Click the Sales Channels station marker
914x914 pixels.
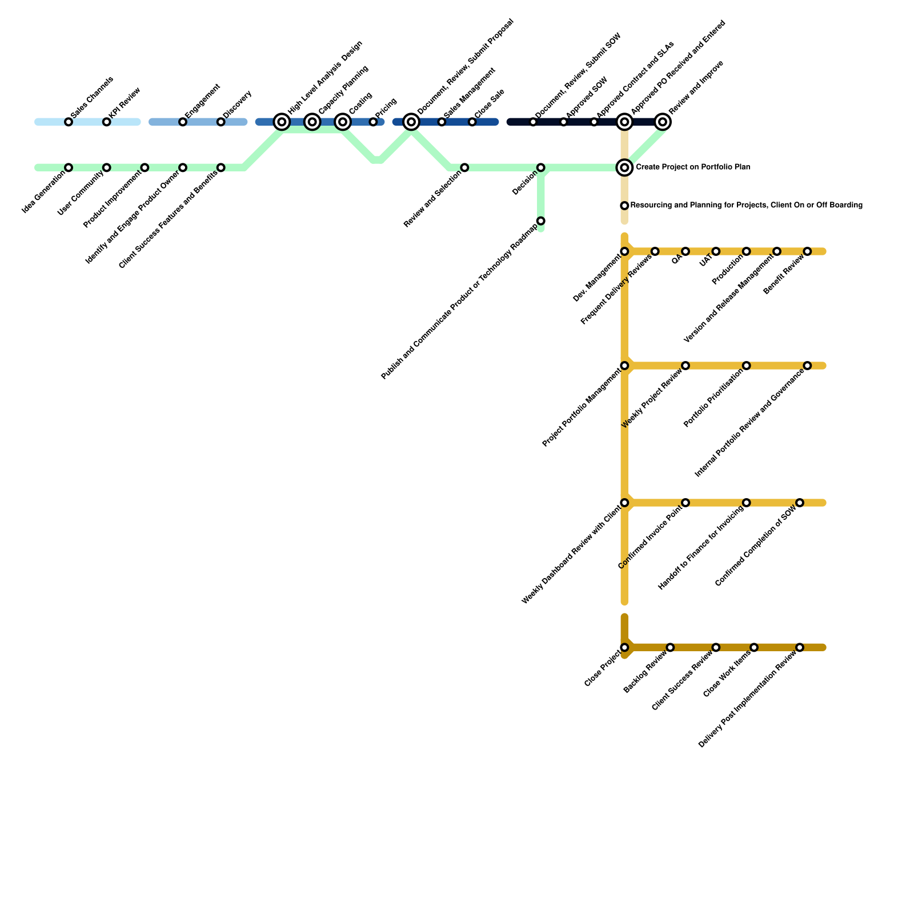click(x=69, y=122)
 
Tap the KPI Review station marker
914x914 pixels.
click(x=107, y=122)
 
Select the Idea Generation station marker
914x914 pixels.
click(x=69, y=167)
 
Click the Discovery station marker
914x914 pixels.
click(x=221, y=122)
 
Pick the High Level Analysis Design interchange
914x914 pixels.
click(x=282, y=122)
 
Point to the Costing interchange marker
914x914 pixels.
click(x=343, y=122)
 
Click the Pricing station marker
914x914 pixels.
click(x=373, y=122)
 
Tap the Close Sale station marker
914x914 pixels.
click(x=472, y=122)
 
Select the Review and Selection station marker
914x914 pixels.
click(x=464, y=167)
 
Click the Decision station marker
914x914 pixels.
click(x=541, y=167)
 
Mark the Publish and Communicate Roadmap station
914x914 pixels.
click(x=541, y=221)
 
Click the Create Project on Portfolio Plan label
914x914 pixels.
click(x=692, y=167)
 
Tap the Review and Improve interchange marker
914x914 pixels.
click(x=663, y=122)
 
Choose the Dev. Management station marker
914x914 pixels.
click(x=624, y=251)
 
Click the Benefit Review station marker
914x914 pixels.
click(x=807, y=251)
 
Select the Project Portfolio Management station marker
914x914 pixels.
click(x=624, y=366)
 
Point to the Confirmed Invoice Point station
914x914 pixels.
click(x=685, y=503)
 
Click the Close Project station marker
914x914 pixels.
click(x=624, y=647)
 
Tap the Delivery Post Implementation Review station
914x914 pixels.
click(x=800, y=647)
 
